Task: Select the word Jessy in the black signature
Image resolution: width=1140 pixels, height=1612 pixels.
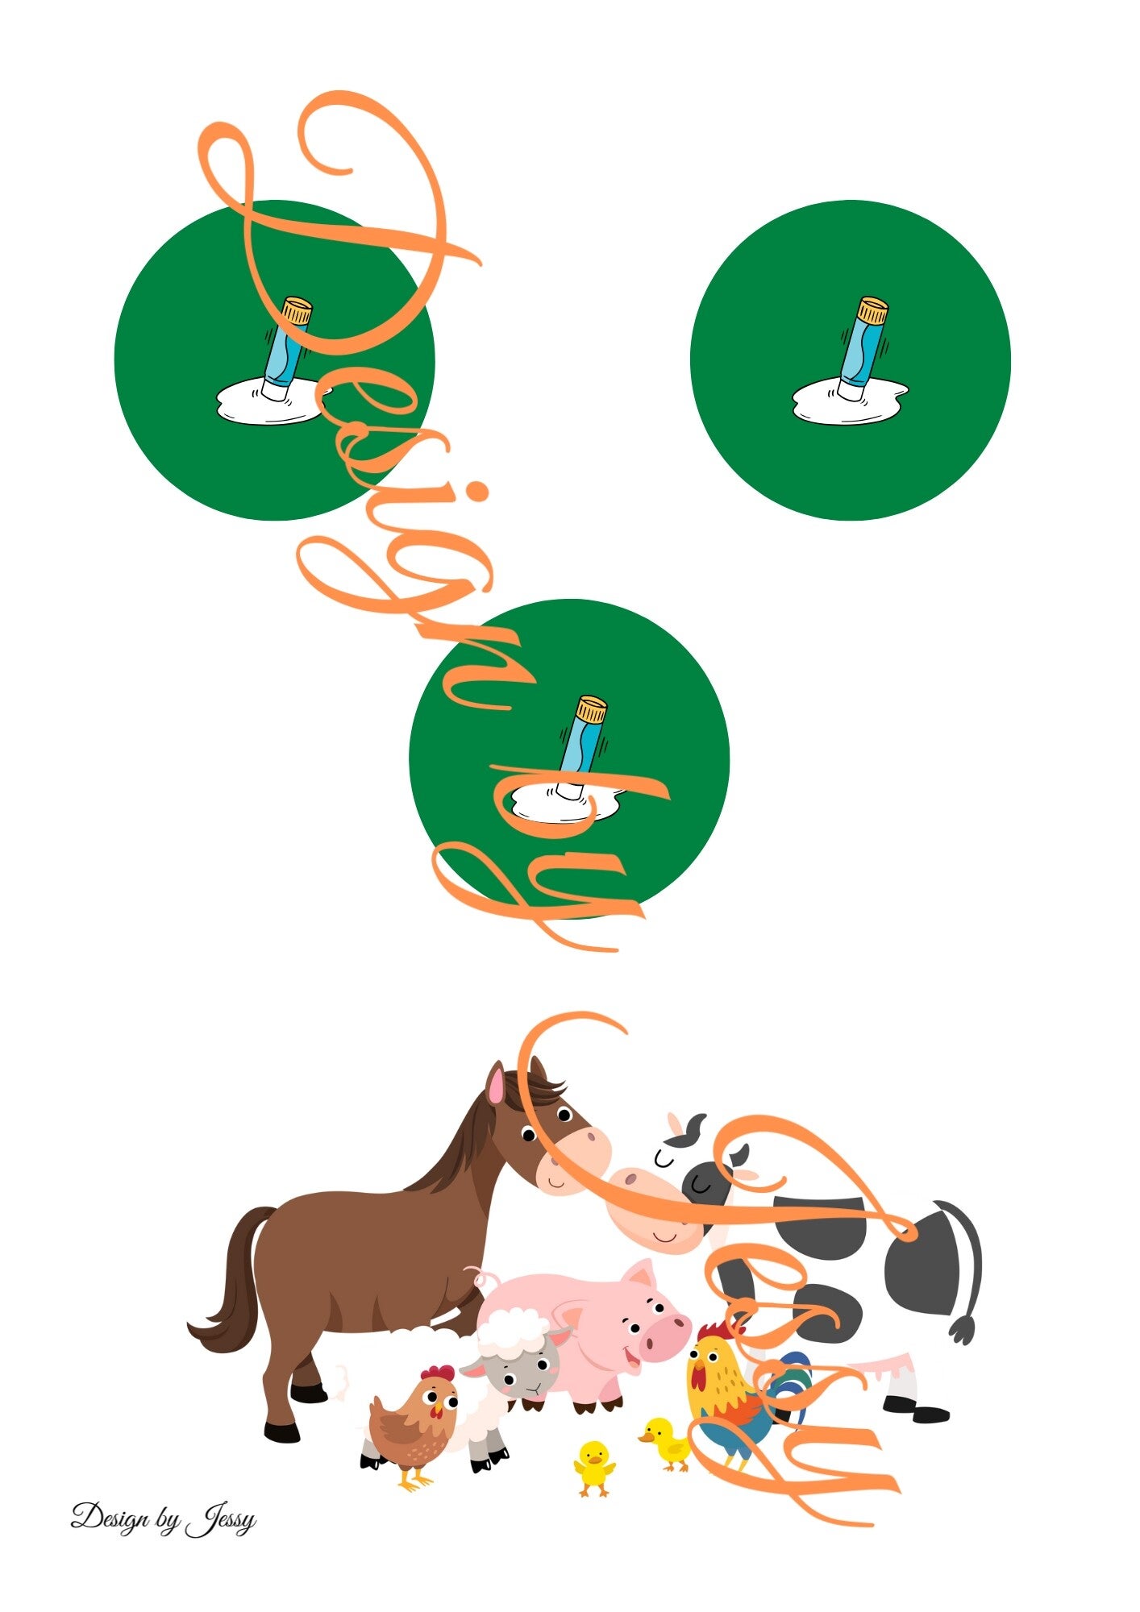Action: click(x=220, y=1520)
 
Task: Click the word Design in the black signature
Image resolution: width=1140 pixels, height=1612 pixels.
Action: click(x=110, y=1516)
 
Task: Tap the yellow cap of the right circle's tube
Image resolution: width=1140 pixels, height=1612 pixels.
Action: click(x=872, y=310)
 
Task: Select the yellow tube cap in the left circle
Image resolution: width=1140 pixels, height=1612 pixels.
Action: click(x=296, y=311)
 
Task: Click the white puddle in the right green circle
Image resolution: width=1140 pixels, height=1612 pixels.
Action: click(x=849, y=401)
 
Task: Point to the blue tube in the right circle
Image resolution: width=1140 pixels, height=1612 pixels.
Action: click(x=858, y=351)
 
